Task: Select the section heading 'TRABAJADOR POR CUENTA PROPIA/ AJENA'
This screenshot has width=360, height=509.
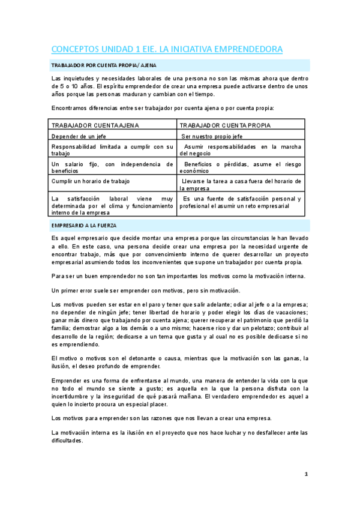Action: coord(104,65)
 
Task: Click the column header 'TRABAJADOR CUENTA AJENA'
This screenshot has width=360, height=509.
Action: coord(95,125)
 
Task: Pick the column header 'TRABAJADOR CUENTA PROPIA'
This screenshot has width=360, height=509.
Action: coord(225,125)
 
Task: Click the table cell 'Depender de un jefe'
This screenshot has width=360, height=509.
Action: coord(79,136)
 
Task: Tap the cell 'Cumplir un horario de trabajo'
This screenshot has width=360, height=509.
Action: coord(91,181)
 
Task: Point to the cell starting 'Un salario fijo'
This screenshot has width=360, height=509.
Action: coord(112,167)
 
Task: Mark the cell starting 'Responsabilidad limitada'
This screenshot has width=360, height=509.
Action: coord(112,149)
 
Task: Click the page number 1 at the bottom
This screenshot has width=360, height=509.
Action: coord(306,474)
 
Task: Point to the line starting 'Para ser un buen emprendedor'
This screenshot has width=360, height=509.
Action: coord(179,276)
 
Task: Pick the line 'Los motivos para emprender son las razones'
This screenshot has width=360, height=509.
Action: coord(161,418)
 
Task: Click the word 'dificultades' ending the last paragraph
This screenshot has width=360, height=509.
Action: coord(67,440)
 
